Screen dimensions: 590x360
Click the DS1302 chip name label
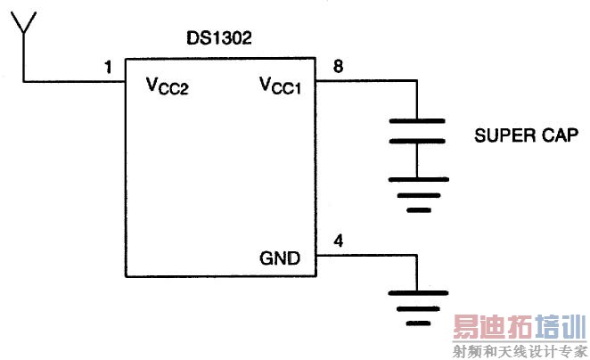[219, 38]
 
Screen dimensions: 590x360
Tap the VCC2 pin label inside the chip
[167, 86]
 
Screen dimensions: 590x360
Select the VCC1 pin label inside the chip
[281, 85]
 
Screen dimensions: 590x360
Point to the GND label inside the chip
[280, 258]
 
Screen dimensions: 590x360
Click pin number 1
[109, 68]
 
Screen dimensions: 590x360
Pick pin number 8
[338, 66]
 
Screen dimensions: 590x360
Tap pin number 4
[339, 241]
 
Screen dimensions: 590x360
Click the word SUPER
[502, 135]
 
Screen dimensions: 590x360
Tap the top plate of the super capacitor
[417, 121]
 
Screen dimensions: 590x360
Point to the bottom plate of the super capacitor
[417, 141]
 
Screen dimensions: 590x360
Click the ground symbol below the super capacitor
[418, 195]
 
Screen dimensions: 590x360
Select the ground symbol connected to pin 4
[418, 308]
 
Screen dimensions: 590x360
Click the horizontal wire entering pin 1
[74, 81]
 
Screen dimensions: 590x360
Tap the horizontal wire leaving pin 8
[366, 80]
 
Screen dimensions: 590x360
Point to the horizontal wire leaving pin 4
[366, 255]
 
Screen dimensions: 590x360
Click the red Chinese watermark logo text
[520, 326]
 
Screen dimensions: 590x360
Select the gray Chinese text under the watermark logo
[520, 351]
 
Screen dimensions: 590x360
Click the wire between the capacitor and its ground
[417, 160]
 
